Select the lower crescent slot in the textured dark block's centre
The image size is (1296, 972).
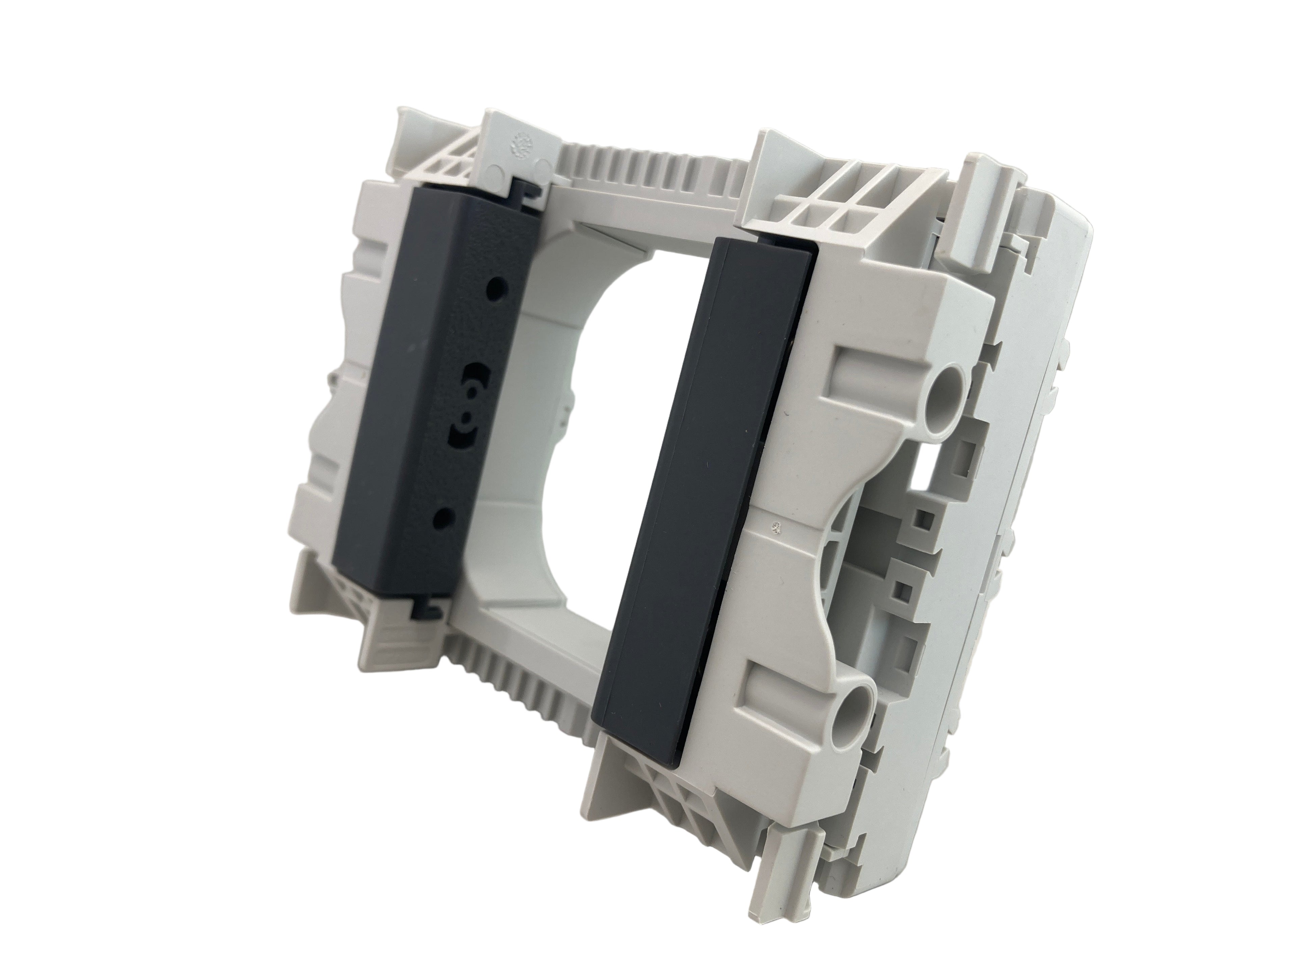(460, 439)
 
